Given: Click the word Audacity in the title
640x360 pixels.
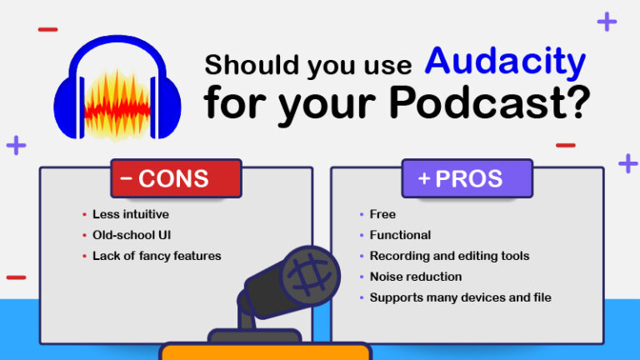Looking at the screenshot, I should [505, 63].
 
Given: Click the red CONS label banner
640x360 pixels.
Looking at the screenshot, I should [175, 178].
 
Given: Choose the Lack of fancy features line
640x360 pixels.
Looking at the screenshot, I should [157, 256].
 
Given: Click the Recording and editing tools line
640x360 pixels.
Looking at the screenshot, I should [449, 256].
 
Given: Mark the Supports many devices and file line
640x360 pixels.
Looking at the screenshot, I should [460, 297].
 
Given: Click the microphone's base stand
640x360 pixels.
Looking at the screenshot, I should [253, 336].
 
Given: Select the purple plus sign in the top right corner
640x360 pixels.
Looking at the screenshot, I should [607, 22].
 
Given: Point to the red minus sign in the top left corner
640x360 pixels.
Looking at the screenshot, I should [48, 30].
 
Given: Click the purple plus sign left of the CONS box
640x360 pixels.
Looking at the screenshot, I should [16, 145].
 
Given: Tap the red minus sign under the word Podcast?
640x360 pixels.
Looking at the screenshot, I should [565, 145].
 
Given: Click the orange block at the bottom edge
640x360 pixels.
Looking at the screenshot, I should [265, 352].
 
